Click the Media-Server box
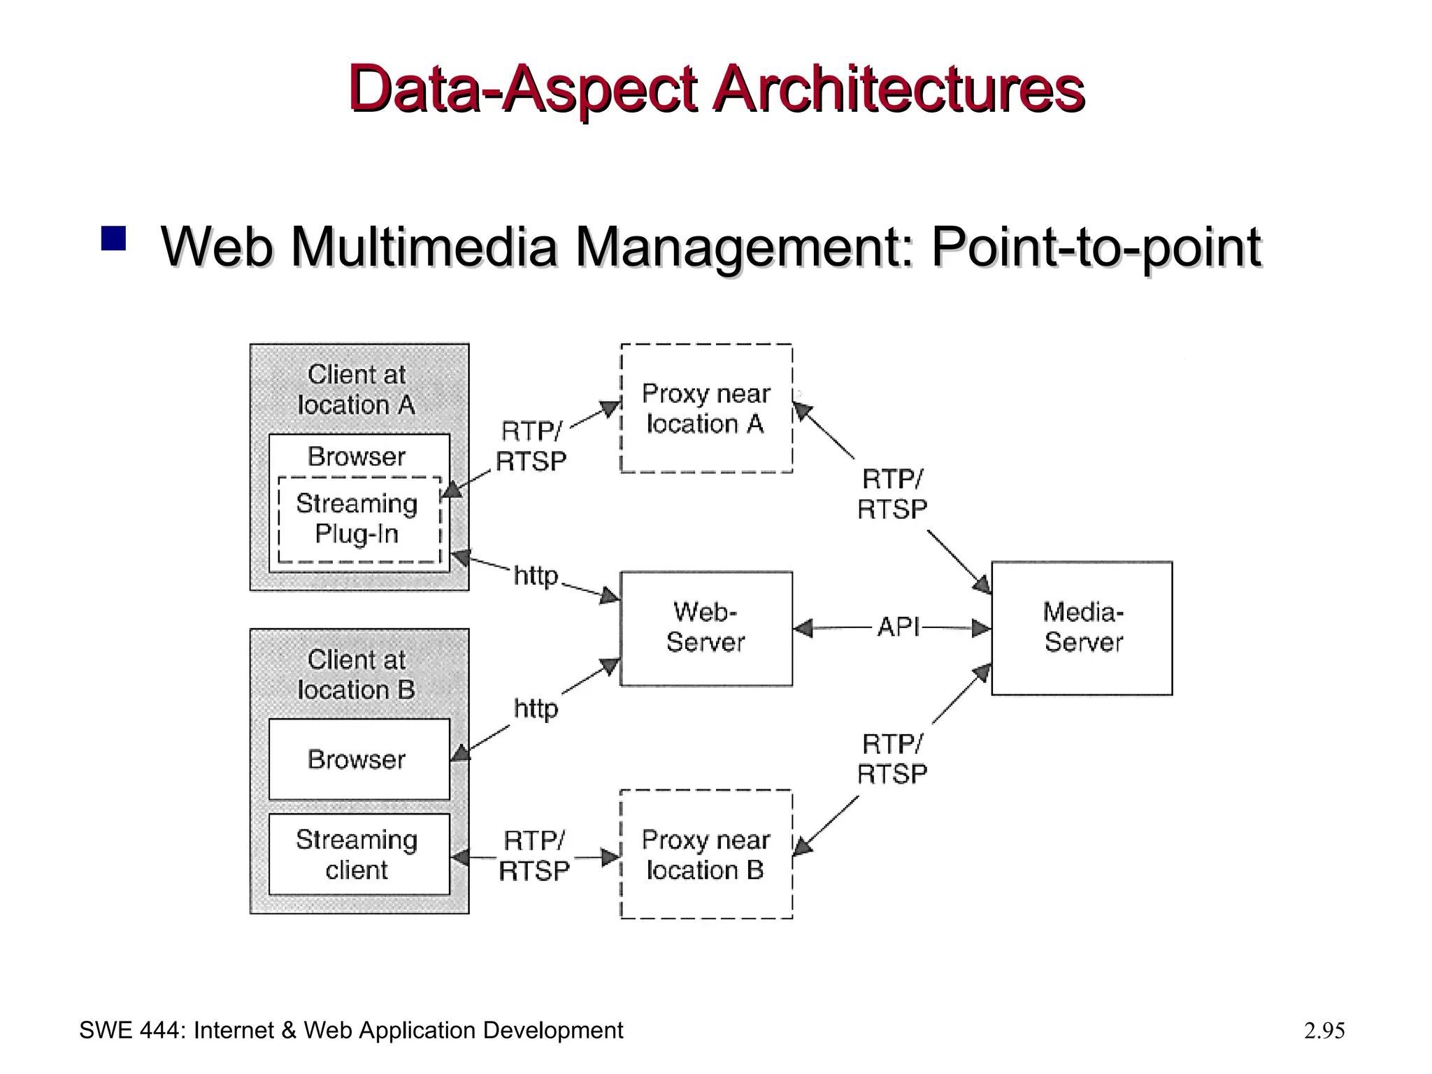point(1082,628)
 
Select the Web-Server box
point(706,628)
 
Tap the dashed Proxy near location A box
point(706,408)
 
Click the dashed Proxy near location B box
point(706,854)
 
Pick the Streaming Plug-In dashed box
point(359,520)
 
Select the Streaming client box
point(359,854)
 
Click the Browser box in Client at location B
point(359,759)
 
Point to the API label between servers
point(898,627)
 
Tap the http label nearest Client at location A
point(536,577)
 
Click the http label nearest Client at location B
point(536,709)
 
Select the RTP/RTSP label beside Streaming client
point(534,856)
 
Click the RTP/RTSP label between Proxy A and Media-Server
point(892,494)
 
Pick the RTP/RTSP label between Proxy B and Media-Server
point(892,759)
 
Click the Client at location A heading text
point(357,389)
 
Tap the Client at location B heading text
point(357,675)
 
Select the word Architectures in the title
point(898,89)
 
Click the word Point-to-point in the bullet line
point(1096,248)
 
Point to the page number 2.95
point(1324,1031)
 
